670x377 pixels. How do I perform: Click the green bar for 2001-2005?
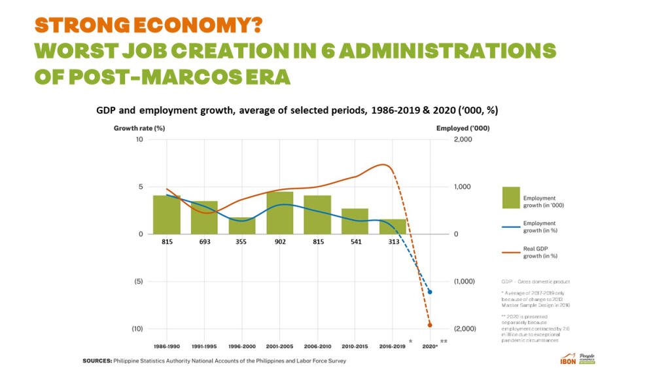279,213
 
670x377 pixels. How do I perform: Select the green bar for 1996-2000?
242,226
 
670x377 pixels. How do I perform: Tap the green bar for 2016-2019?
393,226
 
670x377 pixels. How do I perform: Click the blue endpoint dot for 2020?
430,292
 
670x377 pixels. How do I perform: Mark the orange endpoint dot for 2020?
430,325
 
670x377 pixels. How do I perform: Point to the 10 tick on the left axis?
139,140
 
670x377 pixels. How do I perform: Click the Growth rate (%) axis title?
139,128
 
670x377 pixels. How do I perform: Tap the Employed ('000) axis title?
463,128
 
